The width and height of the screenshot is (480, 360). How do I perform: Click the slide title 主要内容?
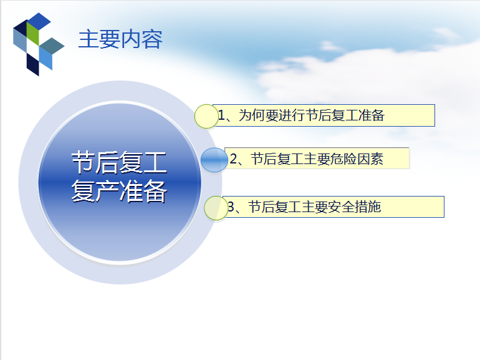[120, 39]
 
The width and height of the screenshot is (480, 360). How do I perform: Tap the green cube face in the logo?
[33, 34]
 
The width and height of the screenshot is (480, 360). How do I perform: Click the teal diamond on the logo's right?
[52, 46]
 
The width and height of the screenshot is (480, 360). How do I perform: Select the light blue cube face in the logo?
[46, 59]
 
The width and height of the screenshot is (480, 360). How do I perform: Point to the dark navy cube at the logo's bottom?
[33, 64]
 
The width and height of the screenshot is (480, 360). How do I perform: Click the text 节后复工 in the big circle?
[120, 162]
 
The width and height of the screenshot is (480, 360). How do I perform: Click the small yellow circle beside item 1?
[206, 116]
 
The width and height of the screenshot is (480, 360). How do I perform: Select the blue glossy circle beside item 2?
[214, 160]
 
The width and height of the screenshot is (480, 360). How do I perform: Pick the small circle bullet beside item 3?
[216, 208]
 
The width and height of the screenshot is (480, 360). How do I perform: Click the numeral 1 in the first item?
[221, 115]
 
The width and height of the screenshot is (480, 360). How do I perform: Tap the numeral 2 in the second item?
[233, 159]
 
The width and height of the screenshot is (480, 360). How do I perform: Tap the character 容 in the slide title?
[152, 39]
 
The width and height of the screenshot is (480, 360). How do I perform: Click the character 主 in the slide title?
[89, 39]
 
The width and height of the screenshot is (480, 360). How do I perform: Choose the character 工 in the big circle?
[155, 162]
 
